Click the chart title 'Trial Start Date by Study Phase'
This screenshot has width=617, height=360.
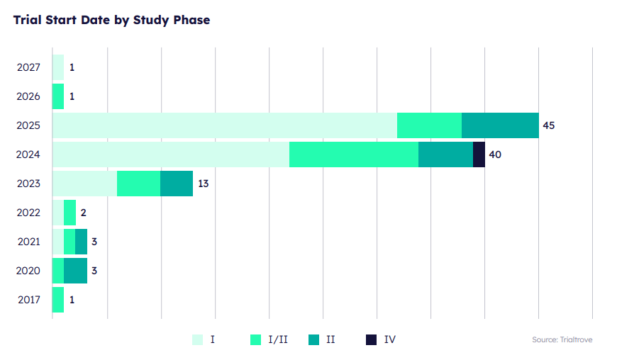pos(111,20)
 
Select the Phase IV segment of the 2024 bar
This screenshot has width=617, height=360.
pos(479,154)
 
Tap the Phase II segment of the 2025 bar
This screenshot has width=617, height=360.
pos(500,125)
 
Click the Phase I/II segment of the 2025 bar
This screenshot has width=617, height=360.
pos(429,125)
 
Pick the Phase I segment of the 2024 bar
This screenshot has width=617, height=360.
pos(171,154)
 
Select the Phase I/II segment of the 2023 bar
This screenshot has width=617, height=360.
pos(138,184)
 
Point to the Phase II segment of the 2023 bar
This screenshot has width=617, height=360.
pos(177,184)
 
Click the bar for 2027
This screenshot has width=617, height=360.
pos(58,67)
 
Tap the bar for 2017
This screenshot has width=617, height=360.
pos(58,300)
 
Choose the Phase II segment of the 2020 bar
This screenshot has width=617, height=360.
pos(75,271)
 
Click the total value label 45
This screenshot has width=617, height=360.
pos(548,125)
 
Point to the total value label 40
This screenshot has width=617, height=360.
pos(495,154)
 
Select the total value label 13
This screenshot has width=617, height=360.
pos(203,184)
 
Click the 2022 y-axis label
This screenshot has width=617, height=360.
pos(28,213)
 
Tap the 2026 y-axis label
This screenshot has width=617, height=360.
pos(28,96)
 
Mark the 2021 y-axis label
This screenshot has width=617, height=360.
pos(28,242)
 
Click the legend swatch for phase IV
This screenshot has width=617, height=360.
pos(371,339)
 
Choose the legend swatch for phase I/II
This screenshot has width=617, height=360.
pos(256,339)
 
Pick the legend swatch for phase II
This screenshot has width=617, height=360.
pos(314,339)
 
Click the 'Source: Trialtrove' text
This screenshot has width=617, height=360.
pos(562,340)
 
